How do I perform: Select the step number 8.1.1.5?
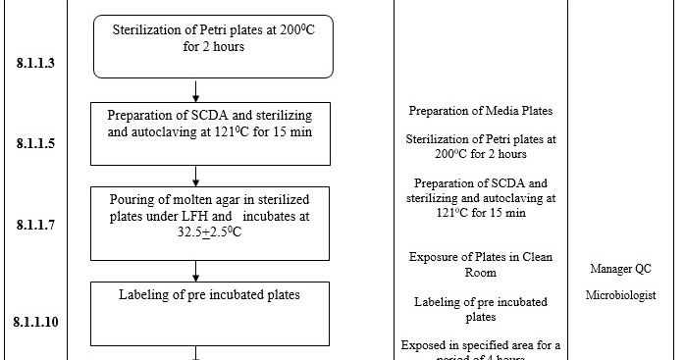tap(35, 143)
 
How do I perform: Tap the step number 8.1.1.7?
tap(35, 225)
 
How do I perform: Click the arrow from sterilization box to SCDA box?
tap(196, 90)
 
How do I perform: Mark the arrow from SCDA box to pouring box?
tap(196, 175)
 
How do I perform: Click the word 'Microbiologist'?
tap(621, 294)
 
